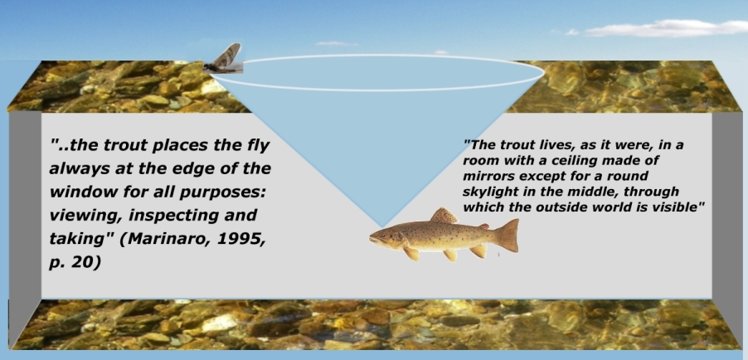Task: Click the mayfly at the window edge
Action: pos(223,59)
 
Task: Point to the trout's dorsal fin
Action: pos(444,216)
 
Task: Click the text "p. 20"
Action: pos(75,262)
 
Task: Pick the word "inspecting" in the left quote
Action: pos(169,216)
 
